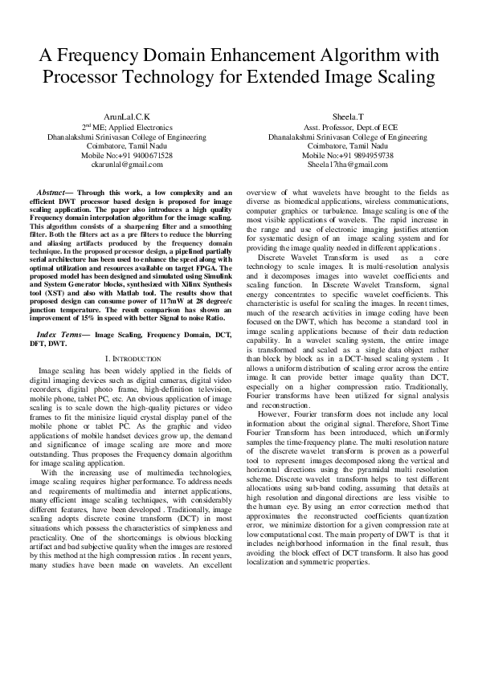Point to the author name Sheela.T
click(348, 117)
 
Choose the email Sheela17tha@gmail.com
click(348, 164)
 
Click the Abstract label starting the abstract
click(55, 193)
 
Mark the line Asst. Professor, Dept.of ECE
click(348, 127)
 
